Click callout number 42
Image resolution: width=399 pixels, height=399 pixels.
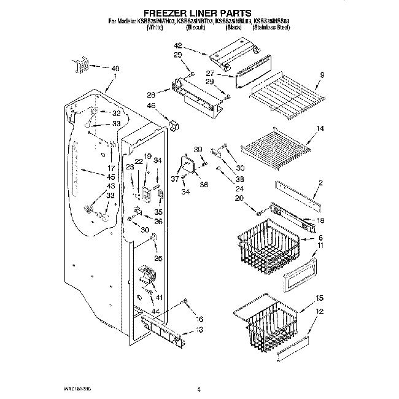point(178,46)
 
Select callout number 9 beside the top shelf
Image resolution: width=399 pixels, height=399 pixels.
point(321,76)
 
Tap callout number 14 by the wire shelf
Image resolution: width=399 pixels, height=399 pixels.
point(320,129)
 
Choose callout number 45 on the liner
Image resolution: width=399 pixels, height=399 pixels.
point(110,176)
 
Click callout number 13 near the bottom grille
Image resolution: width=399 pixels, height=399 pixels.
point(198,330)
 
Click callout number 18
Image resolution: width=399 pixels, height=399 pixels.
point(320,220)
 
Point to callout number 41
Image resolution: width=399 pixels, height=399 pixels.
point(159,298)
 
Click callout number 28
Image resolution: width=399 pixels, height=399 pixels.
point(150,95)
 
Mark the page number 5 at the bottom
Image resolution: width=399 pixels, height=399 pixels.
point(199,388)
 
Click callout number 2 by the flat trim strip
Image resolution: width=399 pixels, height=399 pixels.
point(320,184)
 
